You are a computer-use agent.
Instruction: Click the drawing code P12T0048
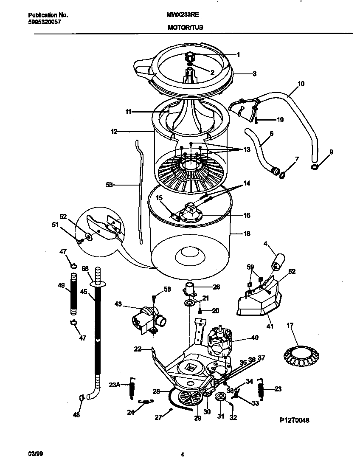click(x=294, y=420)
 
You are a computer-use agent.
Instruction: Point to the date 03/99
click(x=34, y=454)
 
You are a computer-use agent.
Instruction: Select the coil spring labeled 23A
click(x=132, y=387)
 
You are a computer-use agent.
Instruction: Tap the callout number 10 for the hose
click(x=301, y=84)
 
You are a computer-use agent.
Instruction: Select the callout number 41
click(x=270, y=326)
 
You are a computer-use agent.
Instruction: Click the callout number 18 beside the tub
click(x=247, y=233)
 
